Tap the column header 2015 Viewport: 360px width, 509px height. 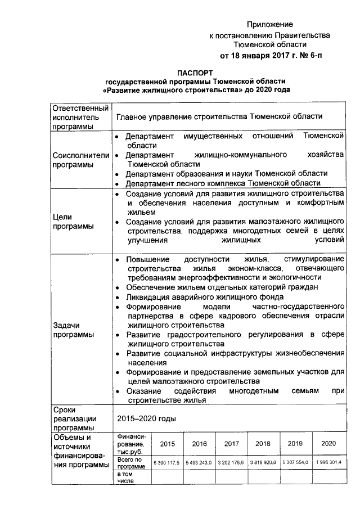pyautogui.click(x=168, y=444)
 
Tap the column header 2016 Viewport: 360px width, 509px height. pyautogui.click(x=199, y=444)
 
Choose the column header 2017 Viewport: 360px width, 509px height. pyautogui.click(x=231, y=444)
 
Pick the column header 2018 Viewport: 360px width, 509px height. pyautogui.click(x=263, y=444)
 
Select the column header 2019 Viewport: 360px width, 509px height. pyautogui.click(x=295, y=444)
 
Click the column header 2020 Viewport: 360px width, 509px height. pyautogui.click(x=328, y=444)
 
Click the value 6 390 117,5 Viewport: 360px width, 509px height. pyautogui.click(x=168, y=462)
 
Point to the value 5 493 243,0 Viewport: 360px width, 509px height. pyautogui.click(x=199, y=462)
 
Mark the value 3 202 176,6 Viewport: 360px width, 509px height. pyautogui.click(x=231, y=462)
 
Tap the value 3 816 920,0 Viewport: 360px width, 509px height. pyautogui.click(x=263, y=462)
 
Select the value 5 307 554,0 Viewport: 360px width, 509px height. pyautogui.click(x=295, y=462)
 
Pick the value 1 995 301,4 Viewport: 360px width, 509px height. pyautogui.click(x=328, y=462)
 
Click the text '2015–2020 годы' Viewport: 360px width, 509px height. pyautogui.click(x=146, y=419)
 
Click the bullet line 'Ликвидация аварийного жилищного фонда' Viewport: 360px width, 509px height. pyautogui.click(x=204, y=296)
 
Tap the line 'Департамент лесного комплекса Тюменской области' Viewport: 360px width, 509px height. pyautogui.click(x=223, y=183)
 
